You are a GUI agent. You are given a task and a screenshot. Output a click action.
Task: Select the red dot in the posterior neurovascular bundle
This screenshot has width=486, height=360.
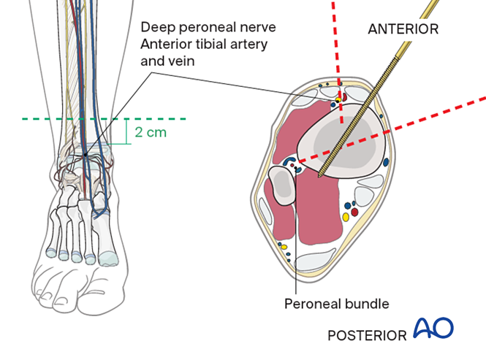pos(355,212)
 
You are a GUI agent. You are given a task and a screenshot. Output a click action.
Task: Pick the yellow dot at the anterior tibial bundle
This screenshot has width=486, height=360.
pos(338,96)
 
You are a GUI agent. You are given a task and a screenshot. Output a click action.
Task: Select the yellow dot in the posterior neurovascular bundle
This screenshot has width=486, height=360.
pos(346,218)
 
